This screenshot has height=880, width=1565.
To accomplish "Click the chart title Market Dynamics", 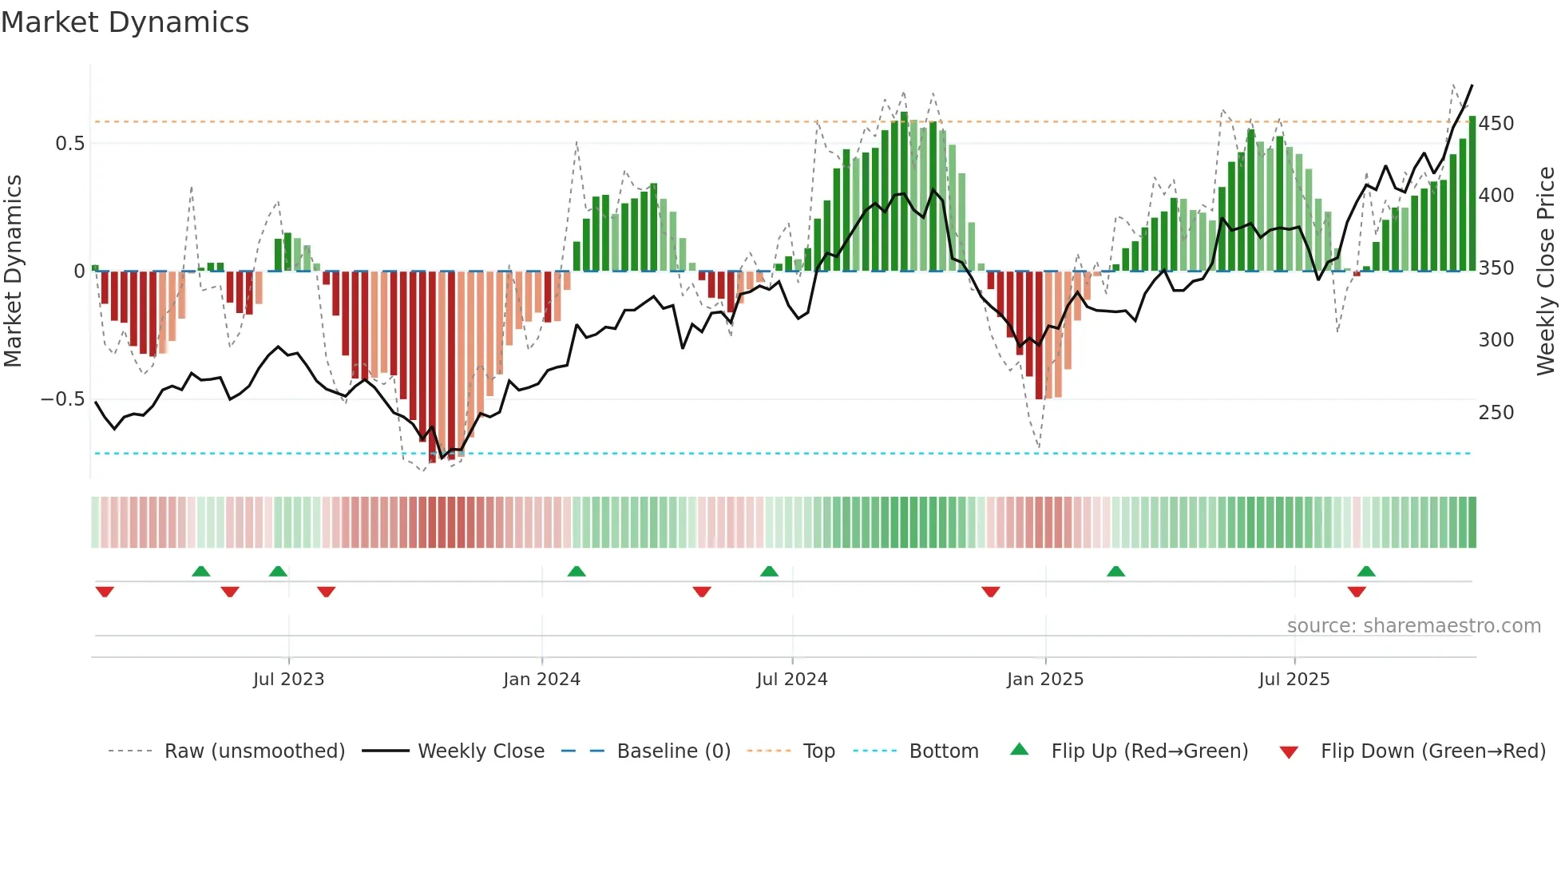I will click(x=125, y=22).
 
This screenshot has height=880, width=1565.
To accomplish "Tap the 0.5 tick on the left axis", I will click(x=69, y=144).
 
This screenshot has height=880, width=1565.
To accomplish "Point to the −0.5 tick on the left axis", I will click(x=62, y=399).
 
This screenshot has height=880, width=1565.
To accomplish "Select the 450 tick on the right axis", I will click(x=1496, y=124).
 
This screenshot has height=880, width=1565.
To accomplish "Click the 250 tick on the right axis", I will click(x=1496, y=413).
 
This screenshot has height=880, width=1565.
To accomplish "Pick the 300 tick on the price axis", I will click(x=1496, y=340).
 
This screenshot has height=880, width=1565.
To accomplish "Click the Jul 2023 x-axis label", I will click(x=288, y=680).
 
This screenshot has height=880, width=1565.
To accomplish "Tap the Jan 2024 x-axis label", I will click(x=541, y=680).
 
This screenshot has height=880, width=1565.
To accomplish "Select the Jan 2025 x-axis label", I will click(x=1044, y=680).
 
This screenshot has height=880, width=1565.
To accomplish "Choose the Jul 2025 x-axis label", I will click(x=1294, y=680).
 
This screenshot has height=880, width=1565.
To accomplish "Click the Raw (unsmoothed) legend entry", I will click(x=254, y=751).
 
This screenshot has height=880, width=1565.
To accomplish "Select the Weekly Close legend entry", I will click(x=481, y=751).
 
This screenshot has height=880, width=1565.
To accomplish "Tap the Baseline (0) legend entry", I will click(x=673, y=751).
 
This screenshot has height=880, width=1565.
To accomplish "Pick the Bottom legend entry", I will click(x=943, y=751).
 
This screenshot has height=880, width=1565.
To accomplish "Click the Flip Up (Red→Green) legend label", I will click(x=1149, y=751).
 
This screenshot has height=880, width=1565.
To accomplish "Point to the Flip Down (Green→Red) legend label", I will click(x=1432, y=751).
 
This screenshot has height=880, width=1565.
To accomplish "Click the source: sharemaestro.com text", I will click(x=1413, y=626).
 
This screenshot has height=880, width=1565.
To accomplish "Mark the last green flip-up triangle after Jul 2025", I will click(x=1366, y=572).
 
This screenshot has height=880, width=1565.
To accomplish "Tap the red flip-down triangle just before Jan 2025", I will click(x=991, y=592).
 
